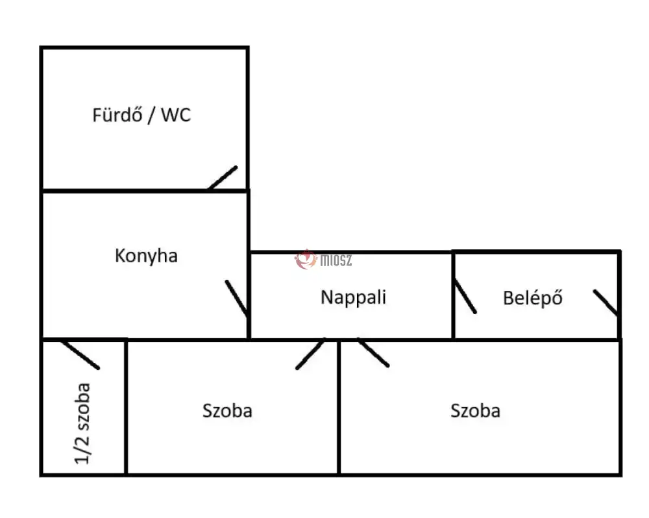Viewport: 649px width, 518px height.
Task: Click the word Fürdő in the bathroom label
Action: coord(117,115)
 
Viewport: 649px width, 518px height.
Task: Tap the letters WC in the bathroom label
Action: coord(176,115)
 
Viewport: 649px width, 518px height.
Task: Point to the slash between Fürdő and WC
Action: coord(151,115)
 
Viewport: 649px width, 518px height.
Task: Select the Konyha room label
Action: coord(146,256)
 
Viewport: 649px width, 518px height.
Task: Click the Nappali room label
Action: coord(354,298)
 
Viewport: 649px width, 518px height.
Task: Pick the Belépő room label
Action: coord(533,298)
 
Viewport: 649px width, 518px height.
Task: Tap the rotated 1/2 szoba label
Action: coord(82,423)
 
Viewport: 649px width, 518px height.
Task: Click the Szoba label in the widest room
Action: coord(475,411)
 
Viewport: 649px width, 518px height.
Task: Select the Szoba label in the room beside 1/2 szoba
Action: coord(227,411)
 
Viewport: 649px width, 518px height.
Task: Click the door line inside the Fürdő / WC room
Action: coord(223,178)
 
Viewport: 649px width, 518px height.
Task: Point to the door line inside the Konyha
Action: coord(237,298)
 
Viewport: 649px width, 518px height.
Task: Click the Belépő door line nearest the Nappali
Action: coord(465,296)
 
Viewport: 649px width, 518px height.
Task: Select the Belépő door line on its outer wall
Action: coord(606,302)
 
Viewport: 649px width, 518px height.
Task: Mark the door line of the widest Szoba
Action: coord(373,352)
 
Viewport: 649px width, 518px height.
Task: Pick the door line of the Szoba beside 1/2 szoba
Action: coord(310,354)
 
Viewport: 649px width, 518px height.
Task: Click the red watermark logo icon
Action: coord(306,260)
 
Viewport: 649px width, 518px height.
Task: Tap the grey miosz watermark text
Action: coord(336,260)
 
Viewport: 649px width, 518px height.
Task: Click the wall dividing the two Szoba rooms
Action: coord(339,408)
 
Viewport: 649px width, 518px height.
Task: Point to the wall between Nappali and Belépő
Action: coord(453,295)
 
